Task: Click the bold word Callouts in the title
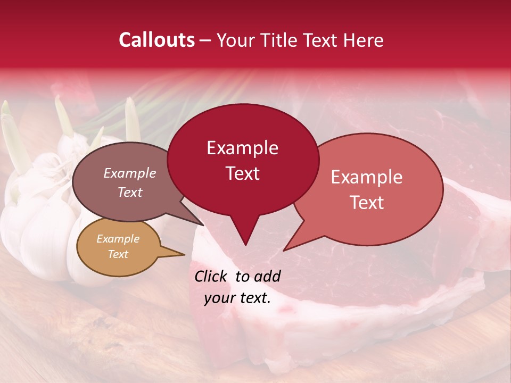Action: tap(156, 40)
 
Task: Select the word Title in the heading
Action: tap(279, 40)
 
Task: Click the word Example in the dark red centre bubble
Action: tap(242, 148)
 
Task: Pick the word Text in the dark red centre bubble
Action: tap(242, 173)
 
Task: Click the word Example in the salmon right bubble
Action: tap(367, 177)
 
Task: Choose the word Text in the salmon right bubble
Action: tap(367, 203)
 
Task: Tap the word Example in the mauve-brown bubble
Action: tap(129, 173)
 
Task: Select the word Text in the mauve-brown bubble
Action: tap(129, 192)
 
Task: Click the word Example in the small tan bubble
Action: tap(118, 239)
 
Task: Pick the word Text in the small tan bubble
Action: tap(118, 254)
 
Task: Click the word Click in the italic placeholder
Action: tap(211, 276)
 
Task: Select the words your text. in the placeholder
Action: tap(237, 298)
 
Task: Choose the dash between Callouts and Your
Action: tap(206, 40)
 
